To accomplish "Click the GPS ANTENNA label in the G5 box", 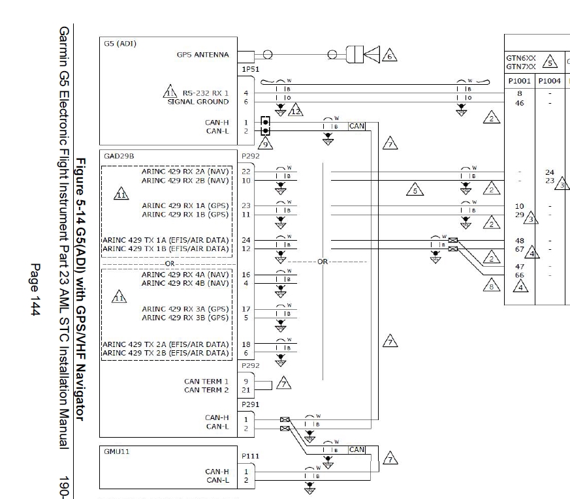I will pyautogui.click(x=202, y=55).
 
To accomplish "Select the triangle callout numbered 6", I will pyautogui.click(x=390, y=55).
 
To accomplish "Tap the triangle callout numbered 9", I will pyautogui.click(x=264, y=143).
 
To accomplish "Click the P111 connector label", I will pyautogui.click(x=251, y=457).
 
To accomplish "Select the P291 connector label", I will pyautogui.click(x=251, y=404).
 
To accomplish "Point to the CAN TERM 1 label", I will pyautogui.click(x=206, y=382).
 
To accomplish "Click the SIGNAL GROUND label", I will pyautogui.click(x=198, y=102).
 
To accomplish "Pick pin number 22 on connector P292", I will pyautogui.click(x=246, y=172).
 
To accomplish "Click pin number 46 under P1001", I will pyautogui.click(x=520, y=102).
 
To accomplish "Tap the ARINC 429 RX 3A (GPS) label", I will pyautogui.click(x=185, y=309).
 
